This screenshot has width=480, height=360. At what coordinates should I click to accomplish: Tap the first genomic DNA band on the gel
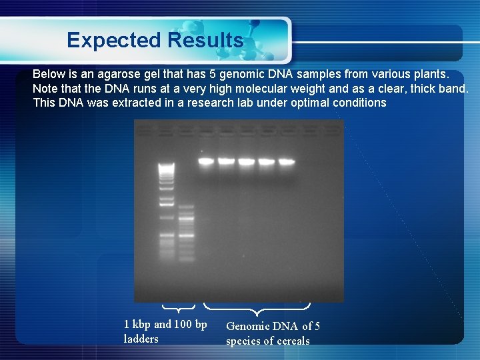[x=207, y=161]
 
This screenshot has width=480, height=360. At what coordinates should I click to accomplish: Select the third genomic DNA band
[x=247, y=161]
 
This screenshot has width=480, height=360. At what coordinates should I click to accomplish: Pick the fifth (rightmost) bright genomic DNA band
[x=286, y=161]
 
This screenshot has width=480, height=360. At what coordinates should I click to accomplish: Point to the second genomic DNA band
[x=227, y=161]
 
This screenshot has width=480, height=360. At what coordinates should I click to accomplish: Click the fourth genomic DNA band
[x=267, y=161]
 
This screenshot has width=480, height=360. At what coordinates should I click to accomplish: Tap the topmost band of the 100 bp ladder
[x=186, y=207]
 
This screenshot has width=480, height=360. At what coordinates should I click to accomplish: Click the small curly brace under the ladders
[x=179, y=308]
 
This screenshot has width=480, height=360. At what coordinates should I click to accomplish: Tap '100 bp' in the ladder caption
[x=191, y=325]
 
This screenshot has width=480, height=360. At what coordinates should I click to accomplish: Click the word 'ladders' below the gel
[x=141, y=339]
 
